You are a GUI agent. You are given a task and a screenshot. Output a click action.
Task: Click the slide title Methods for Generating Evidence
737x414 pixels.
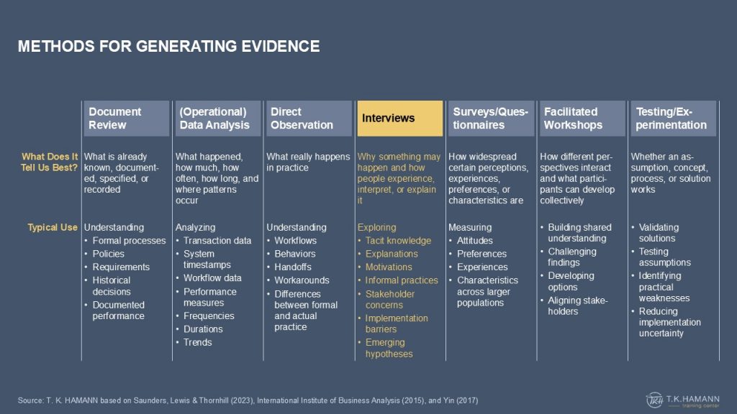[x=168, y=46]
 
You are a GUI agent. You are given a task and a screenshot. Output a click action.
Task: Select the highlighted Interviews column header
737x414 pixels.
[x=399, y=119]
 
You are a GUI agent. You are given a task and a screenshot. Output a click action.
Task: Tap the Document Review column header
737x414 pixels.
[x=127, y=119]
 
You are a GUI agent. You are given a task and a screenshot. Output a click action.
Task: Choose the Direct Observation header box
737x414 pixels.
[x=309, y=119]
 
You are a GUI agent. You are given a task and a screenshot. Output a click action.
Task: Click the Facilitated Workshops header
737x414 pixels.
[x=582, y=119]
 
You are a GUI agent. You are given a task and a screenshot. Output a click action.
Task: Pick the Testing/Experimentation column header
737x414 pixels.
[x=674, y=119]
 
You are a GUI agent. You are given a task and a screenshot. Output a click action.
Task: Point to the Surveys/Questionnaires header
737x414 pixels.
[x=491, y=119]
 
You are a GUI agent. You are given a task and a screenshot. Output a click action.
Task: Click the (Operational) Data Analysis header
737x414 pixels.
[x=217, y=119]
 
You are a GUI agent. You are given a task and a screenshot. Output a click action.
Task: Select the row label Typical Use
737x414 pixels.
[x=52, y=227]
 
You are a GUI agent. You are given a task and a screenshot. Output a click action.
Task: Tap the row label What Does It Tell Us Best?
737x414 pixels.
[x=50, y=162]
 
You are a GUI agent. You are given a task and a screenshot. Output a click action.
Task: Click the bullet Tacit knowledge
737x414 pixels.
[x=398, y=240]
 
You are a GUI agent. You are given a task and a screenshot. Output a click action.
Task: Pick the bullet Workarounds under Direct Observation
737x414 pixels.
[x=302, y=280]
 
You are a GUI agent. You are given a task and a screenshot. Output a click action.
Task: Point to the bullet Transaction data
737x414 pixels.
[x=217, y=240]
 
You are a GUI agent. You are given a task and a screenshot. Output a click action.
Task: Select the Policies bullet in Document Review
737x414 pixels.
[x=108, y=254]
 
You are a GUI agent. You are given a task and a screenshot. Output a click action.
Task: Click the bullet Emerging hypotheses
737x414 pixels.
[x=389, y=349]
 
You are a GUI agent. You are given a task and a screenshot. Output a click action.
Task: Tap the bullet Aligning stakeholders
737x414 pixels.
[x=578, y=305]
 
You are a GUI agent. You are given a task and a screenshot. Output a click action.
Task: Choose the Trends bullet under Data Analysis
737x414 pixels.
[x=197, y=342]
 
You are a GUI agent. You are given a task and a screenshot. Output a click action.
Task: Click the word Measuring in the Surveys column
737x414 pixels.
[x=470, y=227]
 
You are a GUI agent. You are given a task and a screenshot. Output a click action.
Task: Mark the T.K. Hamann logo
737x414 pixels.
[x=682, y=400]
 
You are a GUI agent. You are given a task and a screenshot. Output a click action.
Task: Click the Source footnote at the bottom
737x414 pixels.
[x=248, y=400]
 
